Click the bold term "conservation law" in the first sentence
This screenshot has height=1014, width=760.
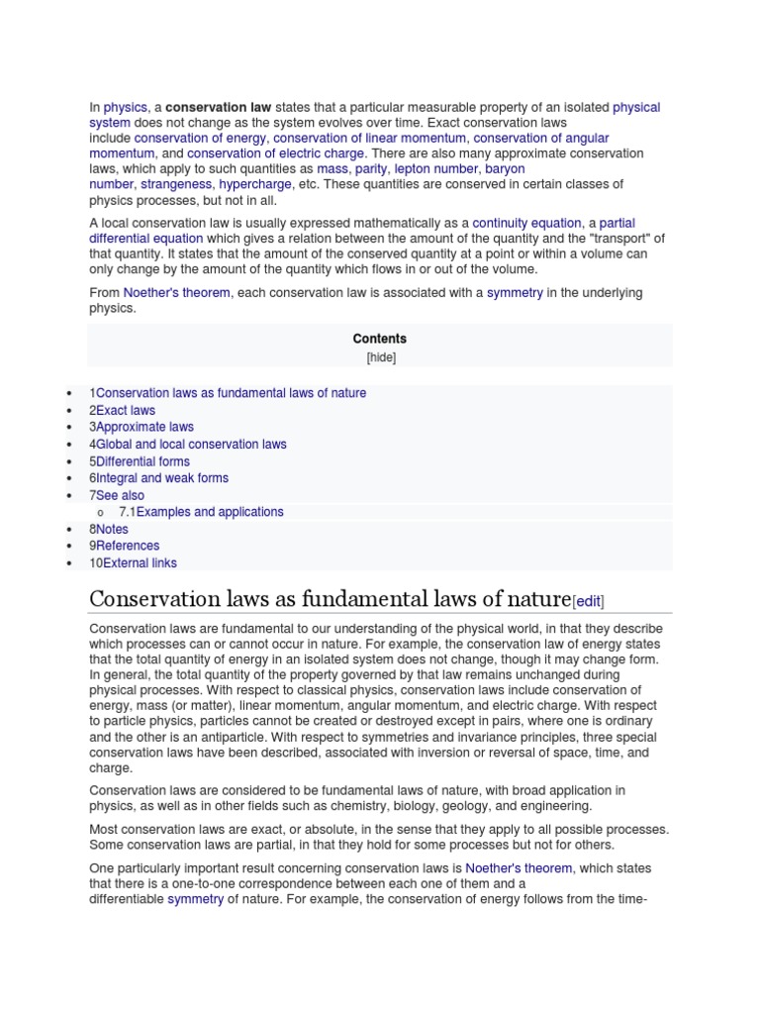tap(218, 107)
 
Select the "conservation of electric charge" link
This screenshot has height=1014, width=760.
tap(276, 153)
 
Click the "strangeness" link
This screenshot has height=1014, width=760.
tap(176, 184)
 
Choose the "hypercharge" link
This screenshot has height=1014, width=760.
tap(255, 184)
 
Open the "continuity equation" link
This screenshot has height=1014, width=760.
tap(526, 223)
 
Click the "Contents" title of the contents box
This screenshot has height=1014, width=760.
tap(379, 339)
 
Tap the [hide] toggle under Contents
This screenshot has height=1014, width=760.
tap(380, 357)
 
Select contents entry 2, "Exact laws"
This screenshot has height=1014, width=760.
tap(126, 410)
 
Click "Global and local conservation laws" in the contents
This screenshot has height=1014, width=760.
tap(191, 444)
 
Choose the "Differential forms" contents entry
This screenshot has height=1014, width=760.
tap(142, 461)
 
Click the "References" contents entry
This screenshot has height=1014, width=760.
tap(128, 546)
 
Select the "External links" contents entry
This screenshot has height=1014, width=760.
tap(140, 562)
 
